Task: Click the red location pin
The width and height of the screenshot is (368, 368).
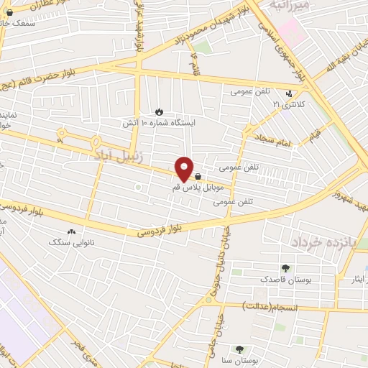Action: [184, 170]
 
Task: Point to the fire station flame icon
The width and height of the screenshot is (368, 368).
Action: [159, 112]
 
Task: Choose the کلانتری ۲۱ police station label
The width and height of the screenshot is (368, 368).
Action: [287, 104]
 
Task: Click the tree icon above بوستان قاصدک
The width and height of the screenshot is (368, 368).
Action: [286, 267]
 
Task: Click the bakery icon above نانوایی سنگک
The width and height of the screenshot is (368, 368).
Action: [70, 232]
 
